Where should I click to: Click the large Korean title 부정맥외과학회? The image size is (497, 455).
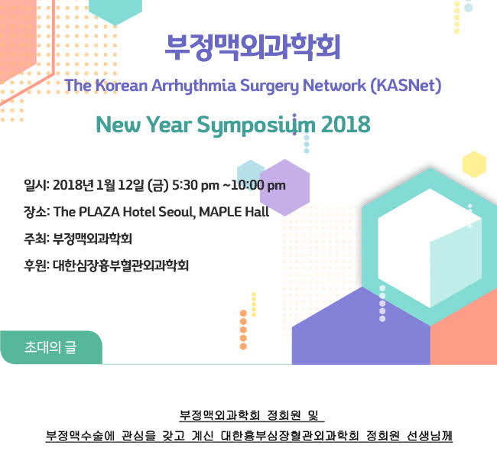[252, 47]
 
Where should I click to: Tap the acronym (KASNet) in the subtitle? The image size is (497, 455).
[406, 86]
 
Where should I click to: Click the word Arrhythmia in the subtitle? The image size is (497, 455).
[193, 86]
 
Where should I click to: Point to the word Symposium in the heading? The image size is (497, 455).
[256, 125]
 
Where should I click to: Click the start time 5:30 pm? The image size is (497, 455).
[196, 186]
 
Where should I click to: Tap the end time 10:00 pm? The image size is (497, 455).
[258, 185]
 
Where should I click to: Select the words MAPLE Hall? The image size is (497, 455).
[234, 212]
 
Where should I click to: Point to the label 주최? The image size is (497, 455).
[37, 239]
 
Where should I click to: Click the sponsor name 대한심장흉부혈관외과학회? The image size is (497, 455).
[121, 265]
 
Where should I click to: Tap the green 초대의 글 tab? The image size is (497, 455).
[51, 347]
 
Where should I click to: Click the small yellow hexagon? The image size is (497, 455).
[474, 164]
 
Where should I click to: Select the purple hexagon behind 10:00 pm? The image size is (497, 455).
[284, 187]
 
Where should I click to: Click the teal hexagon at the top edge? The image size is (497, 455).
[115, 11]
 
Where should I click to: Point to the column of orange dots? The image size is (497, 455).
[243, 330]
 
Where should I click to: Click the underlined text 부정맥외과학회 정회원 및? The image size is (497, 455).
[252, 415]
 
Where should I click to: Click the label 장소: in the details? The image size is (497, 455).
[37, 212]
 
